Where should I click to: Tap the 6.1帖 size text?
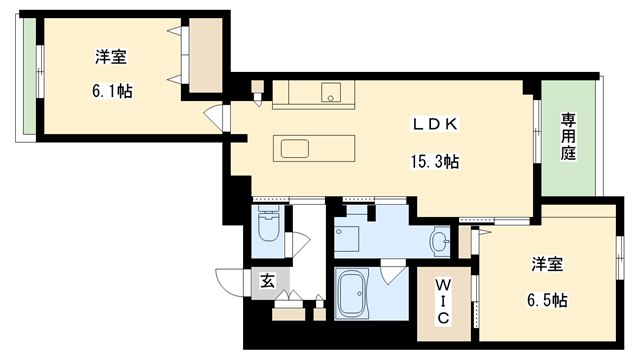tap(111, 91)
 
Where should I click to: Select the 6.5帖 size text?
tap(547, 300)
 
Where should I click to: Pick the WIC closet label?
tap(443, 301)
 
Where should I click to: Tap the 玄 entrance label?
tap(267, 281)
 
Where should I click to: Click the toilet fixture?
tap(268, 226)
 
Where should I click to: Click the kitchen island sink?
tap(295, 149)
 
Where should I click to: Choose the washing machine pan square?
tap(347, 240)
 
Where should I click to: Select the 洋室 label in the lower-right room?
tap(547, 265)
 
